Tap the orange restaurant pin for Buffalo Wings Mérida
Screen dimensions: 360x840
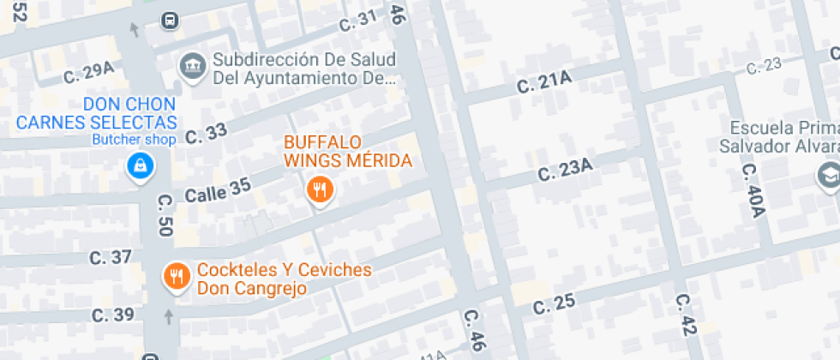click(x=320, y=189)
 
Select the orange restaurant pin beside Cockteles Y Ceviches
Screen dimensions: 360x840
click(x=177, y=275)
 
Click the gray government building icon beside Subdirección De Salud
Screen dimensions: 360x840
click(x=191, y=65)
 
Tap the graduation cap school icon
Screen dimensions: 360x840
click(x=828, y=175)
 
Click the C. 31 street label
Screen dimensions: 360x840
click(x=357, y=21)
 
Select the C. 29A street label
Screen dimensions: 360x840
click(x=88, y=73)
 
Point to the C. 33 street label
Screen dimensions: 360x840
click(x=206, y=133)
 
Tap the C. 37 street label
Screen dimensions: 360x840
click(x=111, y=257)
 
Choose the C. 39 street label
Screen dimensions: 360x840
click(x=112, y=315)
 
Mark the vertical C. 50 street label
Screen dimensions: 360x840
click(x=165, y=215)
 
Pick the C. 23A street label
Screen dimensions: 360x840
click(x=565, y=170)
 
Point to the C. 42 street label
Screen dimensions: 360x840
click(x=687, y=315)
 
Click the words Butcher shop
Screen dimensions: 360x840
click(x=135, y=140)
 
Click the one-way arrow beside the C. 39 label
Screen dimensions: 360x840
click(x=168, y=316)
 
